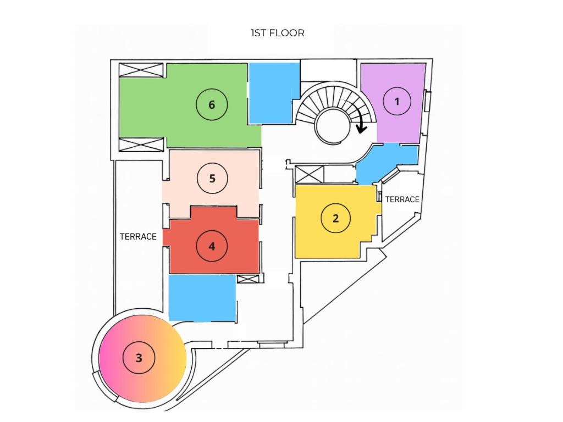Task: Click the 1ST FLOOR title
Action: pyautogui.click(x=277, y=33)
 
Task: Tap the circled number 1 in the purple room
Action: pyautogui.click(x=397, y=102)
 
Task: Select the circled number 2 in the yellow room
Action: pyautogui.click(x=336, y=218)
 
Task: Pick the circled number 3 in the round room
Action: pyautogui.click(x=139, y=358)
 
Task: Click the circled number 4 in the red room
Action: pyautogui.click(x=212, y=246)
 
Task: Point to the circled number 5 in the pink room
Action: pyautogui.click(x=212, y=179)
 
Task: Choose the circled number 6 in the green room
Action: pyautogui.click(x=212, y=105)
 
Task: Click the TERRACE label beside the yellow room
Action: pyautogui.click(x=402, y=199)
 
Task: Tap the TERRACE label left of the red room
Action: pyautogui.click(x=138, y=237)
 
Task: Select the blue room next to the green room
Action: pyautogui.click(x=274, y=92)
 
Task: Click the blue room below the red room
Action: pyautogui.click(x=202, y=298)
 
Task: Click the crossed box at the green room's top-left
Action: pyautogui.click(x=141, y=70)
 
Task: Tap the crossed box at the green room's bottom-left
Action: pyautogui.click(x=141, y=145)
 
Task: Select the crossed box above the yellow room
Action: pyautogui.click(x=310, y=174)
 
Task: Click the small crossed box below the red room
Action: pyautogui.click(x=248, y=279)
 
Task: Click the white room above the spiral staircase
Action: pyautogui.click(x=328, y=71)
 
